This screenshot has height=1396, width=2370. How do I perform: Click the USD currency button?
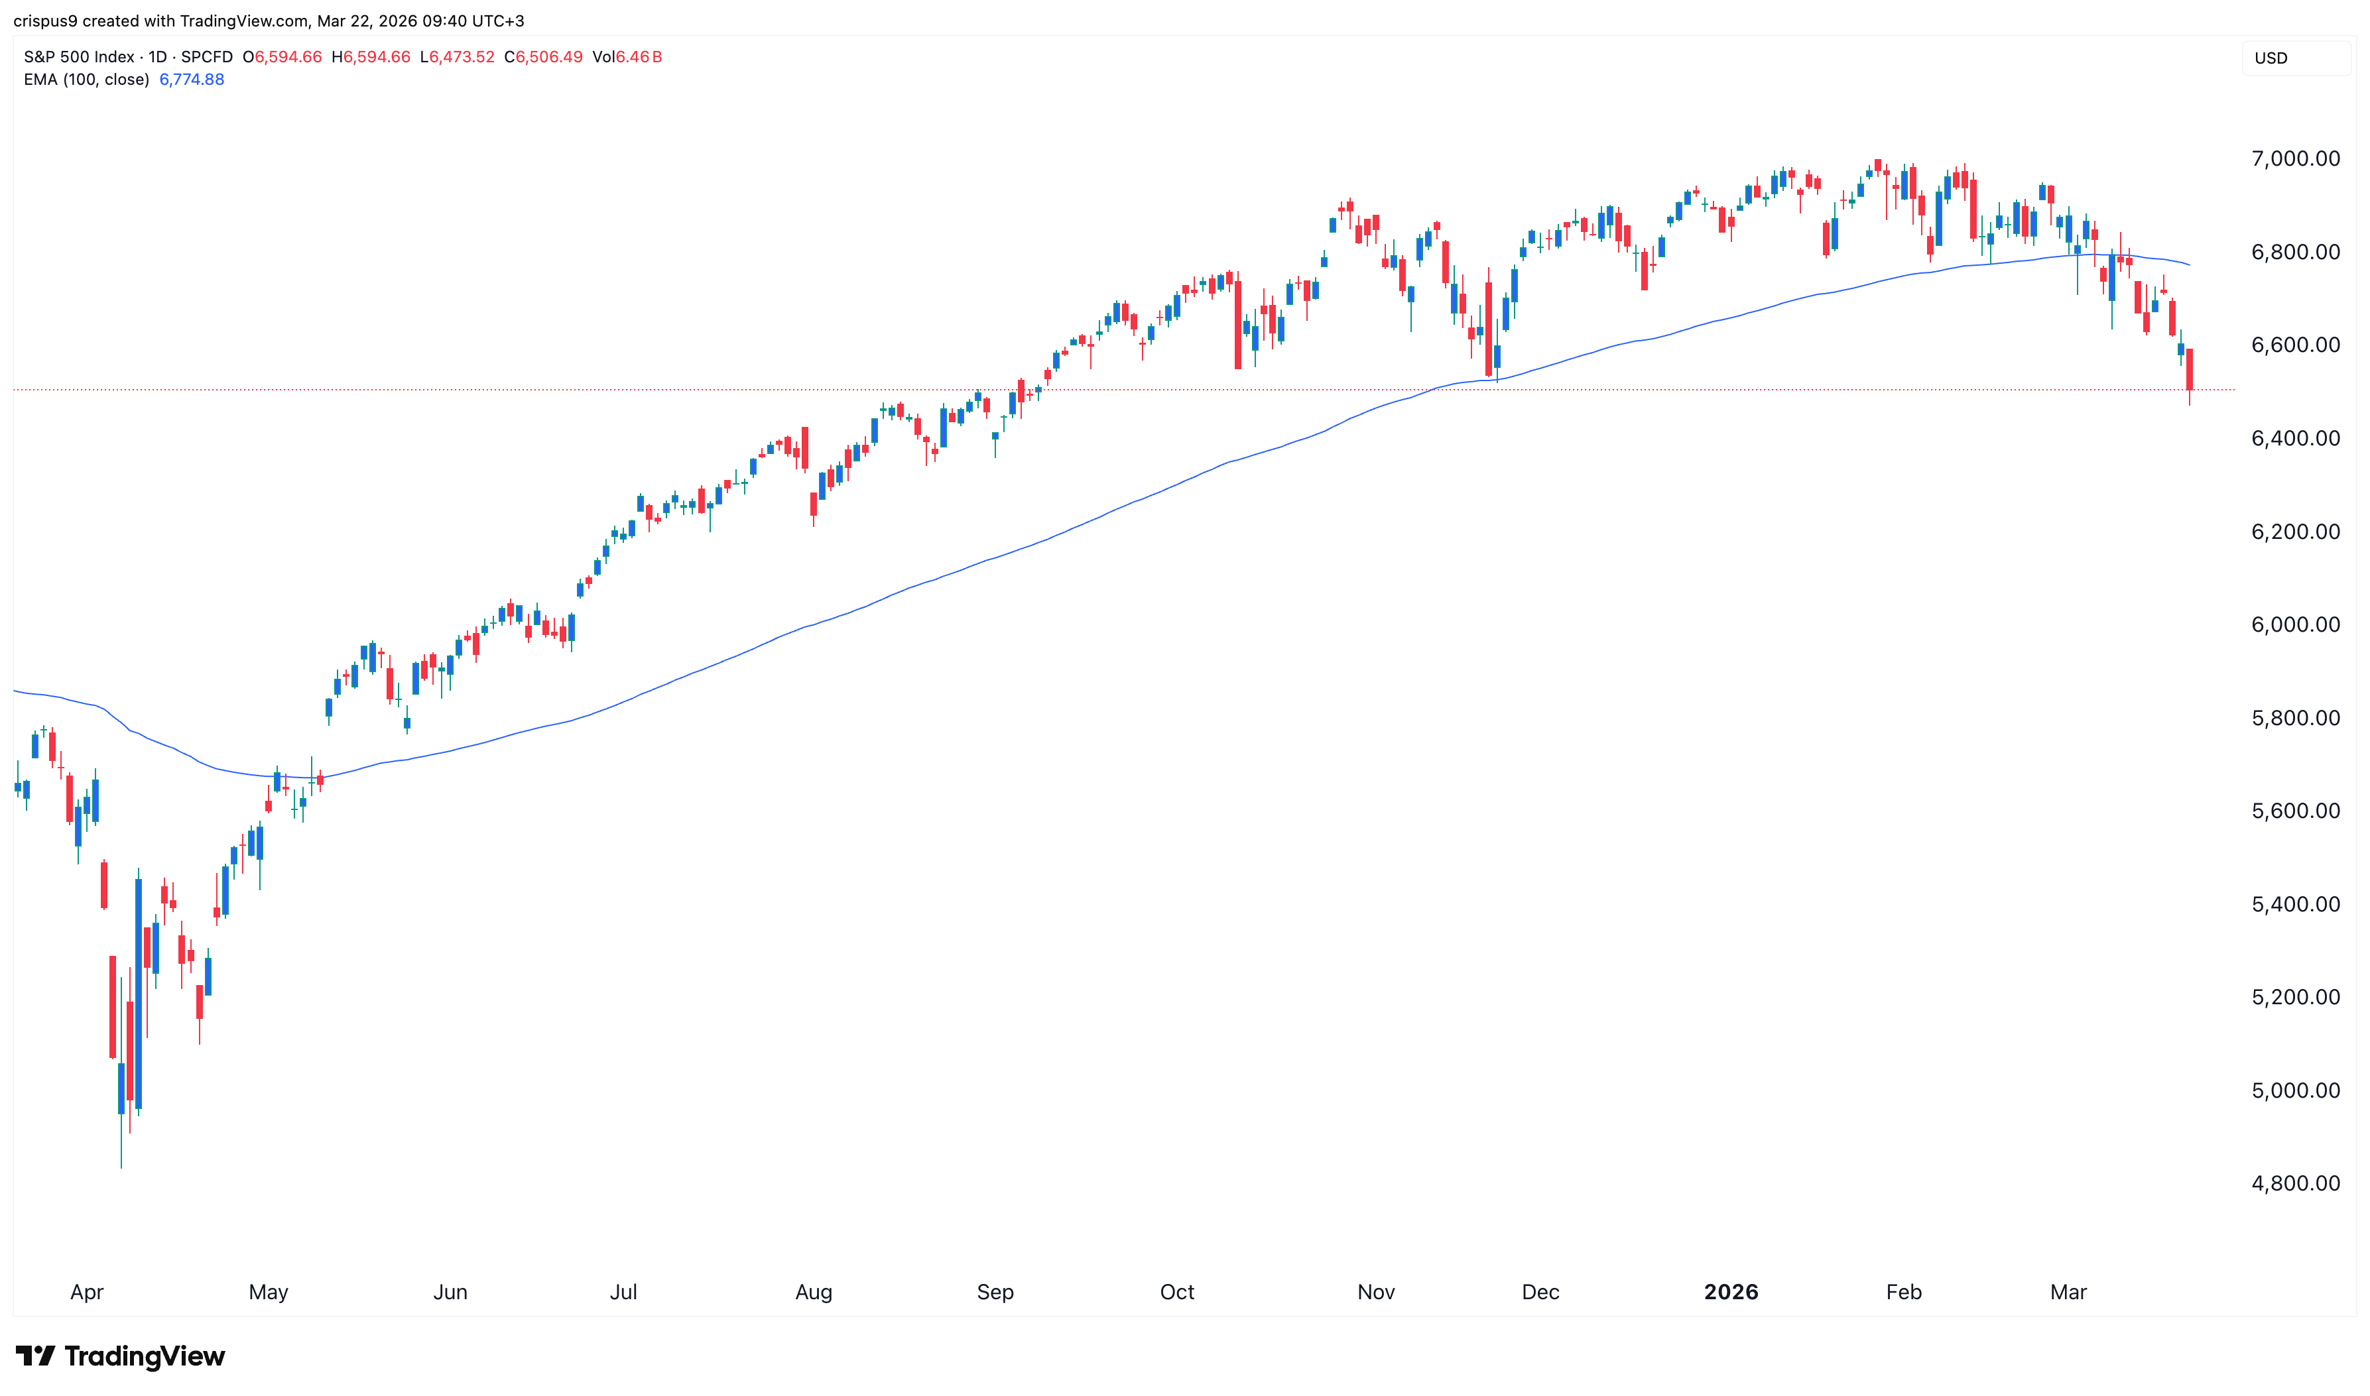(2271, 58)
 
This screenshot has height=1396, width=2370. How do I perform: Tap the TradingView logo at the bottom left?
(121, 1356)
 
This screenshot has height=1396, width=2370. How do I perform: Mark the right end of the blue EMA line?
(2190, 264)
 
